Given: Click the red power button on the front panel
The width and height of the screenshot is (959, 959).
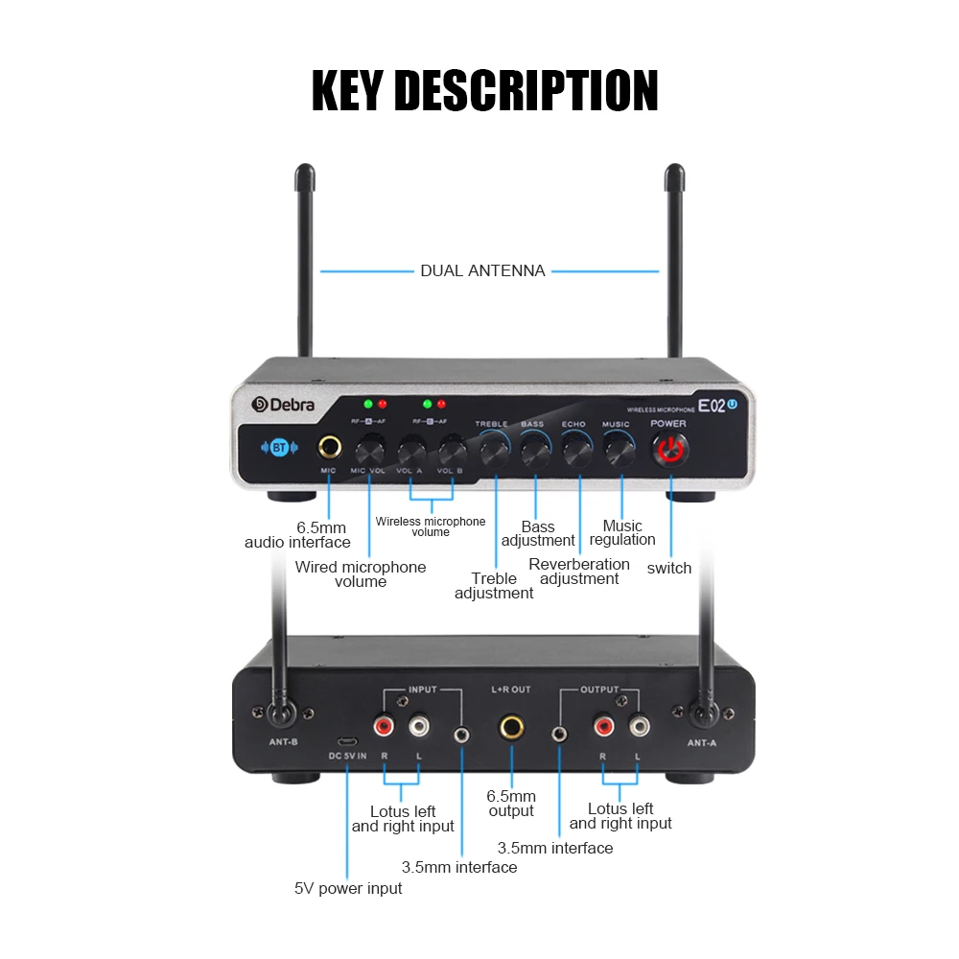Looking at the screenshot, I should [669, 448].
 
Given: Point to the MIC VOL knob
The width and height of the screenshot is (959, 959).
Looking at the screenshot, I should [369, 449].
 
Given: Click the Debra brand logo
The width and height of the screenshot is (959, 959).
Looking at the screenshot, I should [283, 405].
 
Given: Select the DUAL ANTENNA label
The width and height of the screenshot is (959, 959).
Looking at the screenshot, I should [482, 271].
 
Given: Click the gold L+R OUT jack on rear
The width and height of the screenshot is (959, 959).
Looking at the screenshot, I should [510, 728].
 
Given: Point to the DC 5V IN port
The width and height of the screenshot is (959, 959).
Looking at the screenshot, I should [347, 742].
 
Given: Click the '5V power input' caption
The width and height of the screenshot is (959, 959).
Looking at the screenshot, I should [348, 888].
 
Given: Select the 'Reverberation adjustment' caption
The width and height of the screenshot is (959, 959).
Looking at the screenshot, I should [579, 572].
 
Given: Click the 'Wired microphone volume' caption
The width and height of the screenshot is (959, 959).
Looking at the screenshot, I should [361, 573].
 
